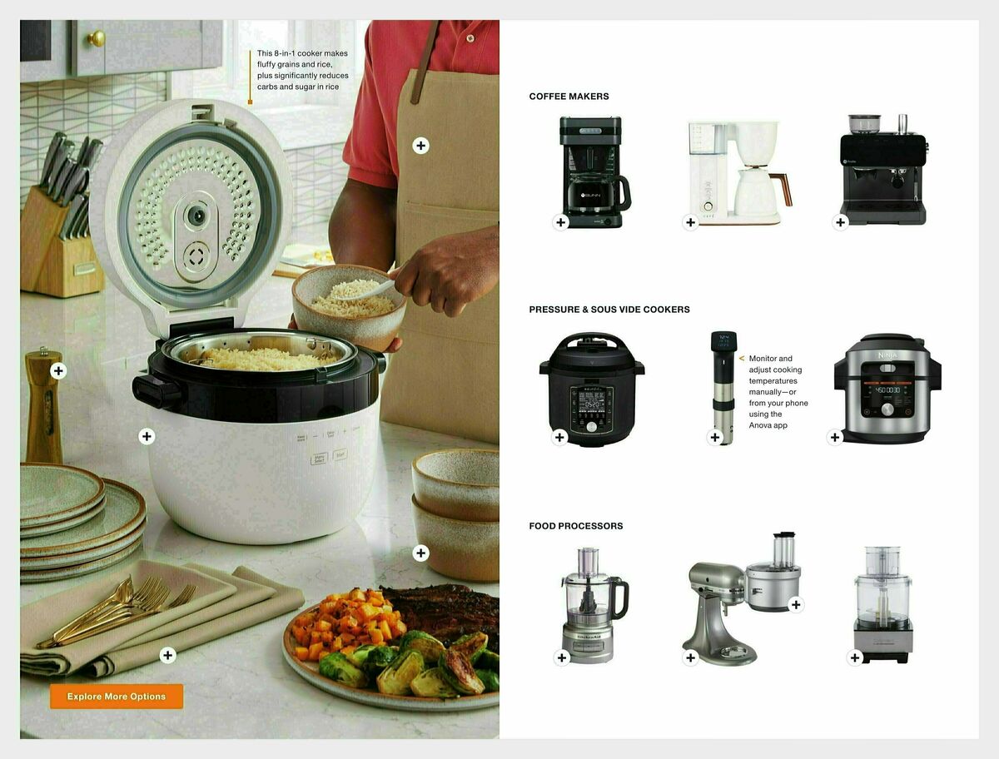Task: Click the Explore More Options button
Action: click(117, 697)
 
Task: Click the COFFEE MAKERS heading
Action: click(569, 97)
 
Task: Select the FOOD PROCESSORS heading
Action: click(575, 526)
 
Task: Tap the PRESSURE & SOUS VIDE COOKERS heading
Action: click(609, 310)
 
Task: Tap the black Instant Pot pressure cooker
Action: click(592, 389)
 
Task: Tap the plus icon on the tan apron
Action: click(421, 146)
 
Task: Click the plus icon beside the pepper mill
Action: click(58, 371)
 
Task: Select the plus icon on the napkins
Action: click(167, 655)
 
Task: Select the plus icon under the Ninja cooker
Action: click(835, 437)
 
